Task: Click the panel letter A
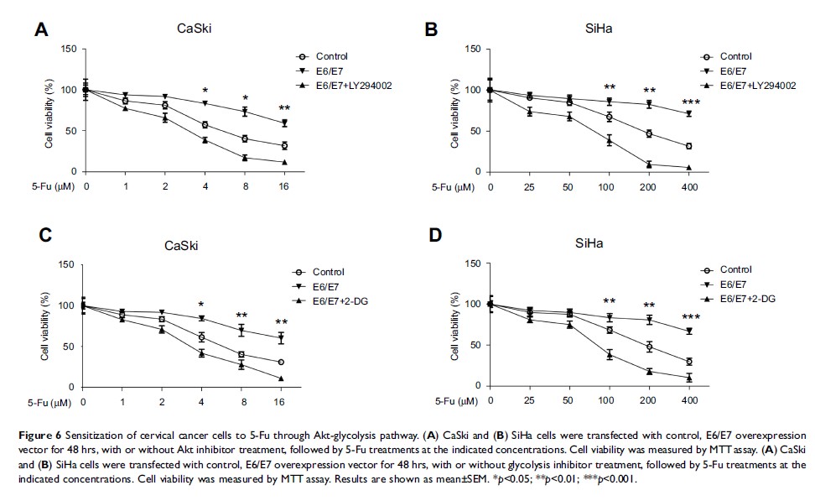coord(40,31)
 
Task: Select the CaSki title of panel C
coord(181,246)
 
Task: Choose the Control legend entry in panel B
coord(726,57)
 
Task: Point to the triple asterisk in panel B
coord(689,103)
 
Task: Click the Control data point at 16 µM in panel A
coord(284,145)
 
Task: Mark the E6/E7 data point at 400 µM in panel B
coord(689,114)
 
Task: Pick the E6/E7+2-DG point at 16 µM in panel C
coord(281,378)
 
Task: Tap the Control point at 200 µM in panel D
coord(649,347)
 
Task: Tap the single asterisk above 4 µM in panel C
coord(201,305)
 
